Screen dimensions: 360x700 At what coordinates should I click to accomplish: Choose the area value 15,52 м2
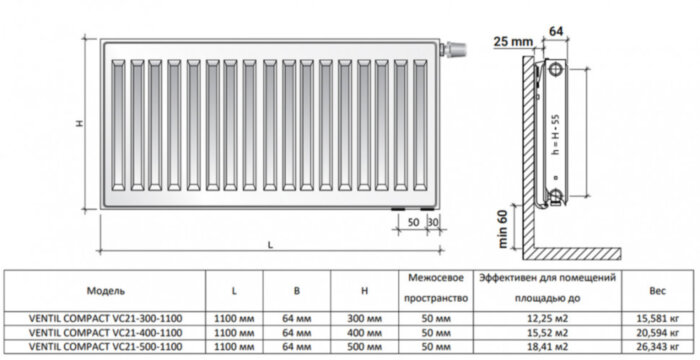546,331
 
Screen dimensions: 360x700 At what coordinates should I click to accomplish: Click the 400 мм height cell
366,331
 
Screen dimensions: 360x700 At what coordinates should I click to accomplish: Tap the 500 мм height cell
366,346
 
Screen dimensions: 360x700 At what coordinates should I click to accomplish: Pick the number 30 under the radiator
432,220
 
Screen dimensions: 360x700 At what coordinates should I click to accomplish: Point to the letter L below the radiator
270,245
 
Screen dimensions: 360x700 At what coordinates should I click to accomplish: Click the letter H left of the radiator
80,123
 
